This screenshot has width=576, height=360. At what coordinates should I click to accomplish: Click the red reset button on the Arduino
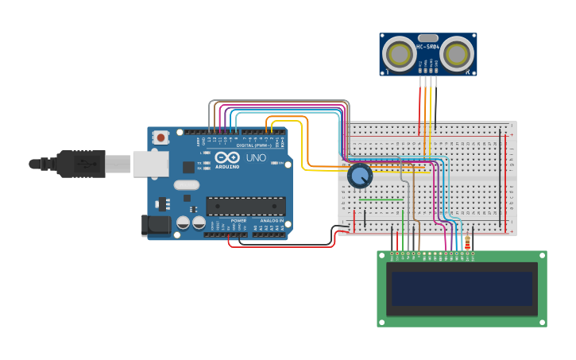[161, 137]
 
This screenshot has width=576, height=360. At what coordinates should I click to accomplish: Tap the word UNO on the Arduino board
[256, 158]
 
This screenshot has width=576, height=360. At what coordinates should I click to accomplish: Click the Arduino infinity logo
[226, 158]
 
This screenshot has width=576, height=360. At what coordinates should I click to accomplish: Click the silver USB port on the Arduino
[150, 164]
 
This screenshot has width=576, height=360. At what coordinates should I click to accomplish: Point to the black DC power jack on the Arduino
[156, 225]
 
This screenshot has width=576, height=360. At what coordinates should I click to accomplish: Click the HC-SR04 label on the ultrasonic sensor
[427, 46]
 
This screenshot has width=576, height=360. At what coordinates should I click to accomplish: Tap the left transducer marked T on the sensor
[398, 54]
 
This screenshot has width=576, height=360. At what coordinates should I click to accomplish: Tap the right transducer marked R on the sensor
[457, 54]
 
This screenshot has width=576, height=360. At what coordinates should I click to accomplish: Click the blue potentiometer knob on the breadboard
[360, 176]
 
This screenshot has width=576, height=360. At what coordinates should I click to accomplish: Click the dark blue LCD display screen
[460, 288]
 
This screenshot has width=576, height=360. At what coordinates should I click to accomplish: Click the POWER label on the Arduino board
[238, 220]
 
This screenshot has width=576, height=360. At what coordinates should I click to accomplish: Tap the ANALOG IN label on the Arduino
[271, 220]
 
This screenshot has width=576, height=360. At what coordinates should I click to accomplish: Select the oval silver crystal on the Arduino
[187, 185]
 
